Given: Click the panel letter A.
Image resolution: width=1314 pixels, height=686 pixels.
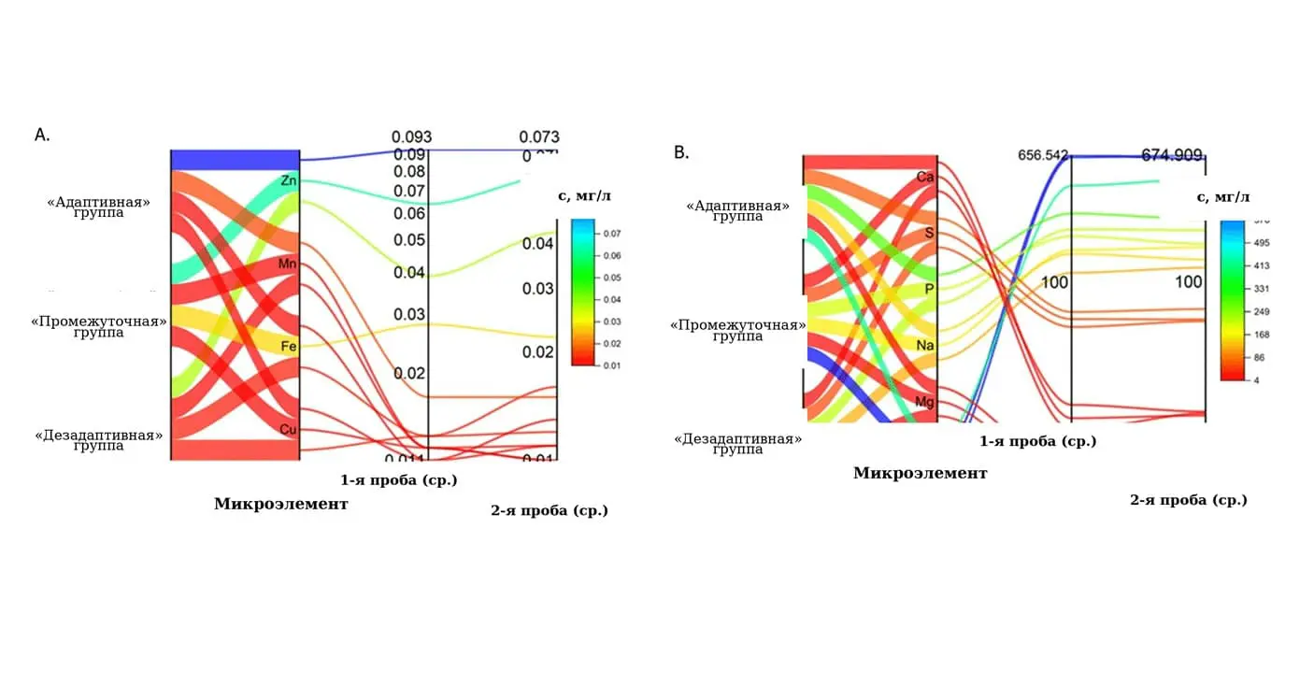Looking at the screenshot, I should tap(42, 136).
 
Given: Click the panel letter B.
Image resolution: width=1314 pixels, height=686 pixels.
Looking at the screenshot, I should tap(681, 152).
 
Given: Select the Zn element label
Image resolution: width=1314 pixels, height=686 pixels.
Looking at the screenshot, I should tap(289, 179).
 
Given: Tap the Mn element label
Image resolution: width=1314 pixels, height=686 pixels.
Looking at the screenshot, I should tap(288, 264).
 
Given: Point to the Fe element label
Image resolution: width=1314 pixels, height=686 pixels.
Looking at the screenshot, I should tap(289, 347).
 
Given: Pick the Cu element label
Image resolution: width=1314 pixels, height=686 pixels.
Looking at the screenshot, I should tap(289, 429).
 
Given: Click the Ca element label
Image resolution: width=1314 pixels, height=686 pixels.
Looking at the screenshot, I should tap(925, 177).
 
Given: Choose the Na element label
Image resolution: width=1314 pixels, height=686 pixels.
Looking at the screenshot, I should tap(925, 346).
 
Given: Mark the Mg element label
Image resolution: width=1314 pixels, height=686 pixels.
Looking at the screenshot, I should tap(925, 403).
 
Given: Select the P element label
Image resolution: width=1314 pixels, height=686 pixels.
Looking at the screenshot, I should tap(929, 289).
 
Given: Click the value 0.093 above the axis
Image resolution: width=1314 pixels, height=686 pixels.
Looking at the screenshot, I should tap(411, 137).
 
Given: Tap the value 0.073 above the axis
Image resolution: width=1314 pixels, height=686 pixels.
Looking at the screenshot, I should tap(539, 137).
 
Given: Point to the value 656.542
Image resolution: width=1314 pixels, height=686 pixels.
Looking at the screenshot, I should tap(1043, 155).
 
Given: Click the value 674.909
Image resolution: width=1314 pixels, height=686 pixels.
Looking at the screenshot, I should tap(1172, 155).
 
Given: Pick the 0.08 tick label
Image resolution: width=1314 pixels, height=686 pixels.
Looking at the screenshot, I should tap(409, 172).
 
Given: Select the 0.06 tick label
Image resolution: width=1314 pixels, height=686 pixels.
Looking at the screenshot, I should tap(409, 214).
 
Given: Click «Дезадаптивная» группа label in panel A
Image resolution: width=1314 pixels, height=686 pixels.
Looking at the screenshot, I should tap(99, 440).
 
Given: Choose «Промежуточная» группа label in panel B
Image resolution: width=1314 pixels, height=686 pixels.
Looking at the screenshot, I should tap(737, 331).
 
